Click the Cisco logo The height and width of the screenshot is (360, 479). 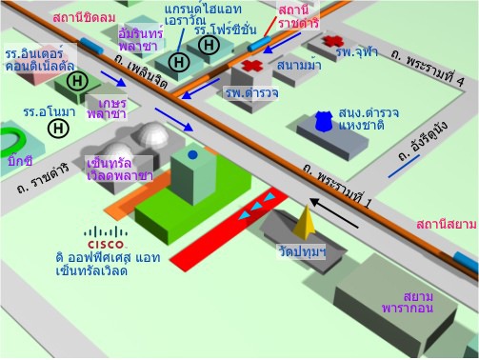point(106,237)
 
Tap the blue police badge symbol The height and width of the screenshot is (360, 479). point(324,121)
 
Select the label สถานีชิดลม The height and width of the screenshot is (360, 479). point(84,18)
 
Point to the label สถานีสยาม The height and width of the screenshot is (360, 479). point(447,225)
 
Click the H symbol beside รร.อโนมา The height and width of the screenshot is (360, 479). point(58,129)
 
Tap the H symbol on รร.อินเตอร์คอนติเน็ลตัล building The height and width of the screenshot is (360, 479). point(77,81)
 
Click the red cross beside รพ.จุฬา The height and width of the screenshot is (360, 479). point(333,41)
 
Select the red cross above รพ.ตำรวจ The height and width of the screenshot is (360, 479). point(252,66)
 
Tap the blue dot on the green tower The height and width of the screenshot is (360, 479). point(192,154)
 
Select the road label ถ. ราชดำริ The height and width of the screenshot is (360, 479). point(43,179)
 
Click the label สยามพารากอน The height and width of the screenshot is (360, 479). point(409,303)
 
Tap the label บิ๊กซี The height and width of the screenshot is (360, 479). point(20,161)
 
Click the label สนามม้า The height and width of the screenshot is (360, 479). point(299,66)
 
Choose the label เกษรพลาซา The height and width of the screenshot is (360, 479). point(108,109)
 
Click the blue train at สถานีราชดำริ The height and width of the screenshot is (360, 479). point(259,44)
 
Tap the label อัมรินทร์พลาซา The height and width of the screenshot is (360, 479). point(140,40)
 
